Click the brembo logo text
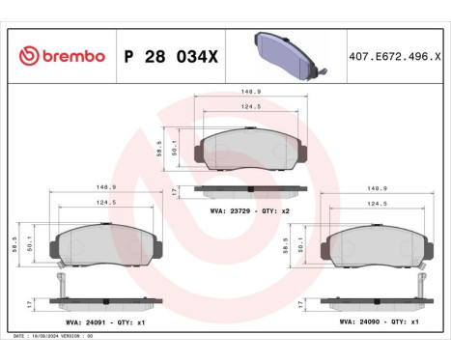coord(63,57)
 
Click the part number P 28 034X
coord(171,57)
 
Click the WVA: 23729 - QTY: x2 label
coord(250,209)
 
